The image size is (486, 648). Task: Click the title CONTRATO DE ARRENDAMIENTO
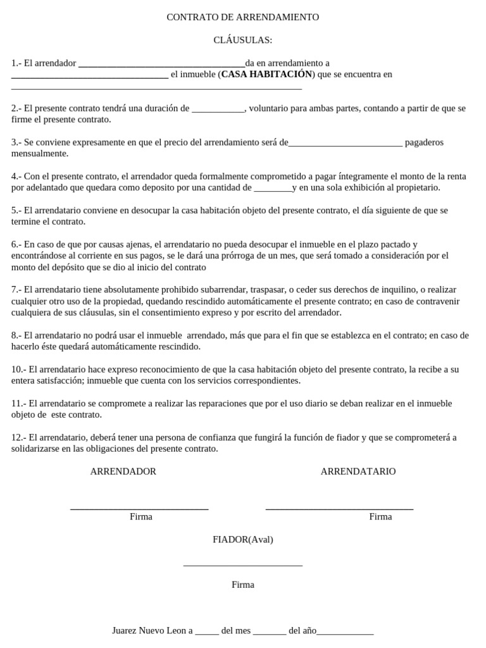click(x=242, y=17)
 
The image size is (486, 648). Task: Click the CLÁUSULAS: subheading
click(x=242, y=40)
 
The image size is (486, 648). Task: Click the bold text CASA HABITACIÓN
click(x=266, y=74)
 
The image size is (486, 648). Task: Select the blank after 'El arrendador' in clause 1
click(x=161, y=64)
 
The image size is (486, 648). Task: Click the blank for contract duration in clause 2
click(x=218, y=109)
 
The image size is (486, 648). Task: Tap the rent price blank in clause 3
click(x=345, y=143)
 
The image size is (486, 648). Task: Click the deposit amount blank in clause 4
click(x=272, y=188)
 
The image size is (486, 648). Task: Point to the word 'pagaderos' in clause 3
click(x=424, y=142)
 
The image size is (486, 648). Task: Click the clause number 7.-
click(x=16, y=289)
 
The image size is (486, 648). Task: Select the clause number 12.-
click(x=19, y=437)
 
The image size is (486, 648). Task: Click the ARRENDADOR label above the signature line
click(x=123, y=471)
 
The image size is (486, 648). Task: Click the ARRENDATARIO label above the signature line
click(x=358, y=471)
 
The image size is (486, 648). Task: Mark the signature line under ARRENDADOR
click(x=139, y=508)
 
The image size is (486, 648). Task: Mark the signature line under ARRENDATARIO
click(x=339, y=508)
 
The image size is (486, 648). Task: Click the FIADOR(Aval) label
click(x=243, y=540)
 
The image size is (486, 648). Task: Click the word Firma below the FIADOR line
click(x=243, y=585)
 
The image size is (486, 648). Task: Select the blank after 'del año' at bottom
click(x=345, y=632)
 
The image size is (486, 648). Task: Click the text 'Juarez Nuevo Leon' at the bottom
click(x=149, y=631)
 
